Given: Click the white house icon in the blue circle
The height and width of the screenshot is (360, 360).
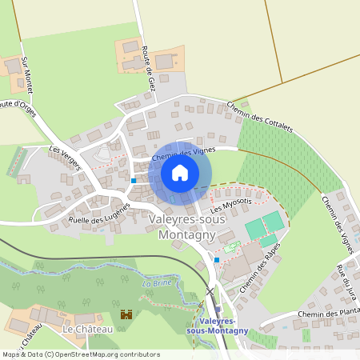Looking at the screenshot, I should [x=180, y=173].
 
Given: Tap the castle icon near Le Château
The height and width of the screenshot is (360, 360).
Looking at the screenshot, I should [x=125, y=315].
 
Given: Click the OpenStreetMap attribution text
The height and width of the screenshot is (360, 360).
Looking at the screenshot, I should [x=81, y=354].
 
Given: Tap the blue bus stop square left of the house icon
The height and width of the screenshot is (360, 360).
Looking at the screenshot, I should [x=134, y=181].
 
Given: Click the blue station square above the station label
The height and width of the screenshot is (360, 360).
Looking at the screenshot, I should [x=218, y=310].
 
